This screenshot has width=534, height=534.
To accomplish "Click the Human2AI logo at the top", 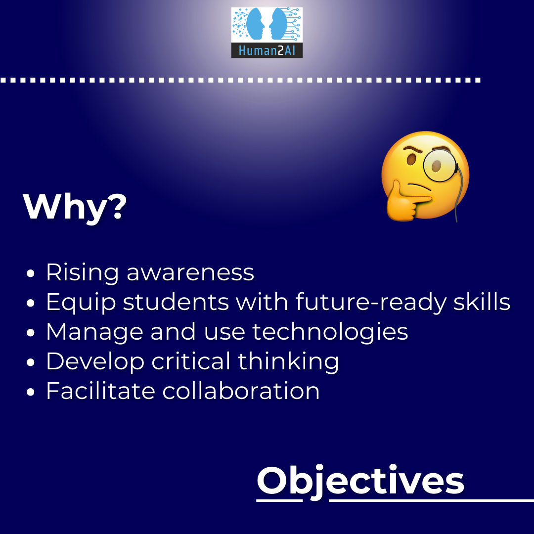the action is tap(267, 32).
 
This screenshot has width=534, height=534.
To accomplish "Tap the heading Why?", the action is tap(75, 207).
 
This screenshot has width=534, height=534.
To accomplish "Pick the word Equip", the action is tap(81, 303).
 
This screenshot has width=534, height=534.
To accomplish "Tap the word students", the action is tap(176, 302).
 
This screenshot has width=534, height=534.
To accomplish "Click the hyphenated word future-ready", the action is tap(370, 303).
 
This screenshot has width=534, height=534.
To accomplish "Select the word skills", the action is tap(482, 302).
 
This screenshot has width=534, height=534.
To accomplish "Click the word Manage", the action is tap(94, 332).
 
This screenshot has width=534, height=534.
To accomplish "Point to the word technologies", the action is tap(330, 332).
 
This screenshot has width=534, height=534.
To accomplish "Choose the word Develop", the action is tap(95, 361).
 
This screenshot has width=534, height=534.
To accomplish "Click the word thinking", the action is tap(288, 361).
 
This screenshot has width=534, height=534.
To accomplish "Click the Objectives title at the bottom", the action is tap(360, 481).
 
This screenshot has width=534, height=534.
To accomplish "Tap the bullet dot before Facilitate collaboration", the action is tap(30, 392).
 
